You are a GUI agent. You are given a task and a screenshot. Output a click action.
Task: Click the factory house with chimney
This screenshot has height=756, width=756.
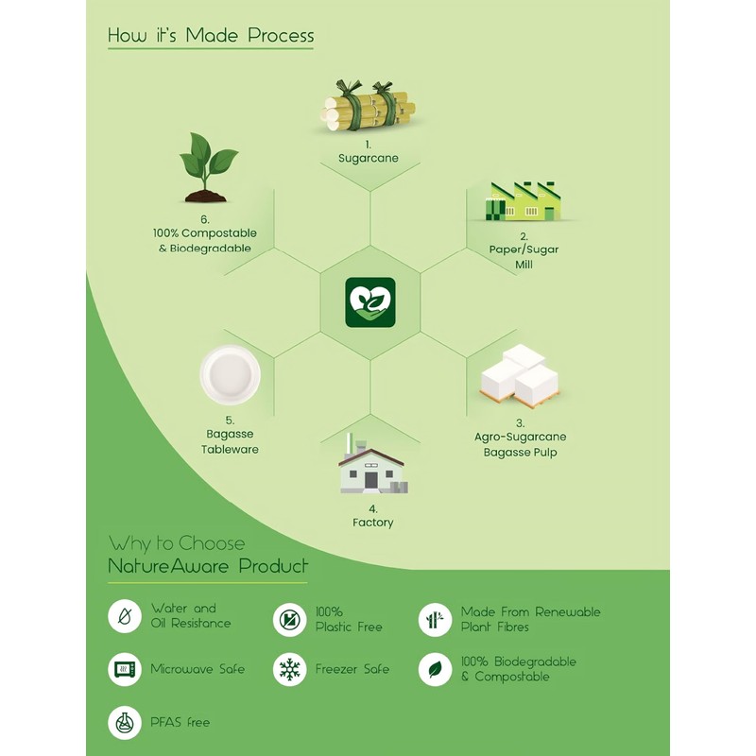[x=370, y=466]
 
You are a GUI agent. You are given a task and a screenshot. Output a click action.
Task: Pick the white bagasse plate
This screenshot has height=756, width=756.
[x=230, y=375]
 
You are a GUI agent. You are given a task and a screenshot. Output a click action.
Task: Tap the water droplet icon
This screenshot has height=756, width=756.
[x=125, y=617]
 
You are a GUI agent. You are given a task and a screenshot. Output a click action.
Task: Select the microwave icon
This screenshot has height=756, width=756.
[x=125, y=669]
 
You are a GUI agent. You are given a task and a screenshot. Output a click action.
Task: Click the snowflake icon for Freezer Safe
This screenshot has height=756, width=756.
[x=289, y=669]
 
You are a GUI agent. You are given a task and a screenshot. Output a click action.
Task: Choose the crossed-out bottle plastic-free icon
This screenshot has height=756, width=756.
[x=289, y=620]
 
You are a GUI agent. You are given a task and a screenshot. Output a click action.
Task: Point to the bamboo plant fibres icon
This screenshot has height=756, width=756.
[x=435, y=620]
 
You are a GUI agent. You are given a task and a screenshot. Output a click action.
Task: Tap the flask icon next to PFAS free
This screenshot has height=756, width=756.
[x=125, y=723]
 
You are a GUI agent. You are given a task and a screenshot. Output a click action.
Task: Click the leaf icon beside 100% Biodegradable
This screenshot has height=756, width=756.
[x=435, y=669]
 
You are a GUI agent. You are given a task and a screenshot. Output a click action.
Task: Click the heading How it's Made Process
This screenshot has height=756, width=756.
[x=211, y=36]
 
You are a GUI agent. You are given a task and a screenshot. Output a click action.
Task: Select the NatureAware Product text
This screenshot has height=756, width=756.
[x=208, y=567]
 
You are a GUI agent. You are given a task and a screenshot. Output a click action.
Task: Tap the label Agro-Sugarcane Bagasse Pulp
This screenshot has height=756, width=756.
[x=521, y=445]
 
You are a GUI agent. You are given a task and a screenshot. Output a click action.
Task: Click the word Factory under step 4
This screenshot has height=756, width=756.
[x=372, y=523]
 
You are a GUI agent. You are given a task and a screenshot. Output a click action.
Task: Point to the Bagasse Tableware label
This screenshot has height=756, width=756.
[x=230, y=441]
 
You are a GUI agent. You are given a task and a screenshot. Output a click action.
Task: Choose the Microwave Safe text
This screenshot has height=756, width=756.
[x=198, y=669]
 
